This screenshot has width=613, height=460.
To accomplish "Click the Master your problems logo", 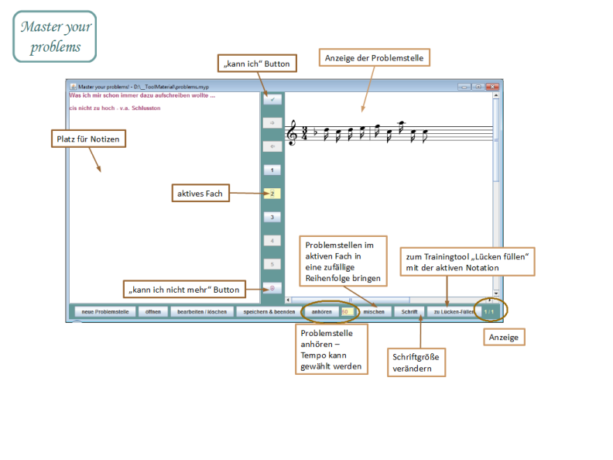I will (55, 36).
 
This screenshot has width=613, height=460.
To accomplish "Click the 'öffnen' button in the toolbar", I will (153, 311).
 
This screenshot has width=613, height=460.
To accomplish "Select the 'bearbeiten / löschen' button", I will (201, 311).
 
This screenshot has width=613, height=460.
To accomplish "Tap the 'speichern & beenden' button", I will (269, 311).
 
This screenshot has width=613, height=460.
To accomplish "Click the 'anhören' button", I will (322, 311).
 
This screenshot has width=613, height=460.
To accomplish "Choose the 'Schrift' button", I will (409, 311).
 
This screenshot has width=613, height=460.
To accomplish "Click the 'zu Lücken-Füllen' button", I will (453, 311).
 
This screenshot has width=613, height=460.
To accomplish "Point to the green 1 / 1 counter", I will (488, 311).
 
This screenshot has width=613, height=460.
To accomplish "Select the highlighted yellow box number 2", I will (272, 194).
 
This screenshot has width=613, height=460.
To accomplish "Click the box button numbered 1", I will (272, 170).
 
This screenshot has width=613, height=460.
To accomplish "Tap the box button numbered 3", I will (272, 218).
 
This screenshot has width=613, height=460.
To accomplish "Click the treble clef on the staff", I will (292, 134).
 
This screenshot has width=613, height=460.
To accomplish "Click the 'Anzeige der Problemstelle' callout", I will (373, 58).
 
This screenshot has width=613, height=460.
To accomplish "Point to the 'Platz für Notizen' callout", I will (90, 139).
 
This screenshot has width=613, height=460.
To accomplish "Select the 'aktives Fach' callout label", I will (201, 193).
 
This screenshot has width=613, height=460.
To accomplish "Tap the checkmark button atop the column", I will (272, 99).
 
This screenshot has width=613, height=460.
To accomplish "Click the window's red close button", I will (492, 87).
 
